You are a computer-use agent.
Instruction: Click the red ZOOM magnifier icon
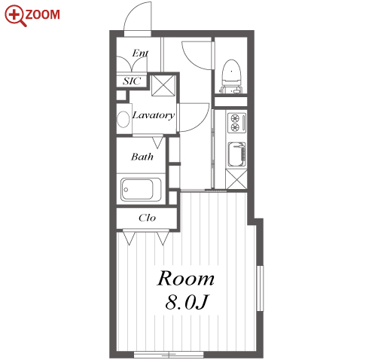click(x=15, y=16)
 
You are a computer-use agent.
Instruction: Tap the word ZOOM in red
click(x=42, y=14)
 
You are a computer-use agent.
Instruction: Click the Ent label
click(x=140, y=53)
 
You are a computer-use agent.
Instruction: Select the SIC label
click(x=132, y=81)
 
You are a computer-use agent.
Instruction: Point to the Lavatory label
click(x=154, y=115)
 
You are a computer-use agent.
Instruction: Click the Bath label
click(x=142, y=157)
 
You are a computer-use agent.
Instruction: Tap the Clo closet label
click(x=147, y=218)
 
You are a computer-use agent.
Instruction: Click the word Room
click(x=186, y=278)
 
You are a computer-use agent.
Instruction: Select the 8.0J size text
click(x=187, y=301)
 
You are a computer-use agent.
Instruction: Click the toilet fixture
click(x=231, y=76)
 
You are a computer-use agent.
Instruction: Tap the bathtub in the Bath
click(x=141, y=190)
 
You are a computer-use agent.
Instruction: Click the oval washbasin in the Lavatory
click(x=123, y=120)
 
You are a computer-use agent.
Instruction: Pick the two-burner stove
click(x=236, y=123)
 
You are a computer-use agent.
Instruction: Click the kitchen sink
click(x=236, y=155)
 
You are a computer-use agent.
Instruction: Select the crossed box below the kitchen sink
click(x=236, y=179)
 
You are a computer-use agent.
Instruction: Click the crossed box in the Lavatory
click(x=163, y=85)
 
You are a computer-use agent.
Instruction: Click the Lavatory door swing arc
click(x=202, y=123)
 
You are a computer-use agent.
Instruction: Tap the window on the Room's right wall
click(x=261, y=288)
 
